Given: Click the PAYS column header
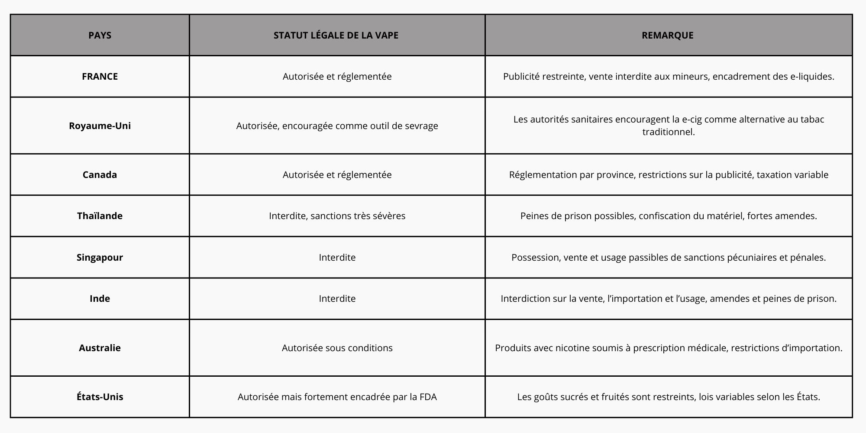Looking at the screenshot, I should click(100, 35).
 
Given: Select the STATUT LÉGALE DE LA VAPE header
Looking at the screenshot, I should click(336, 35).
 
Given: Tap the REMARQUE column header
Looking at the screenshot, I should click(667, 35).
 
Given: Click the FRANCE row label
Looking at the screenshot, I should click(100, 76).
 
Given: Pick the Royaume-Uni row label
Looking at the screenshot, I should click(100, 126).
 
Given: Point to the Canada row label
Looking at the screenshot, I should click(100, 174).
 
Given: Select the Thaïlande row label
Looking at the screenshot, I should click(100, 216).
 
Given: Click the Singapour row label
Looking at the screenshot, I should click(100, 257).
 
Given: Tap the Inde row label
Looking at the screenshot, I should click(100, 298).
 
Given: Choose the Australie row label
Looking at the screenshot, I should click(100, 348).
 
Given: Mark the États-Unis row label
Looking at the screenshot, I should click(100, 397).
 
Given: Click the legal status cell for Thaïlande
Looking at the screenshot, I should click(337, 216).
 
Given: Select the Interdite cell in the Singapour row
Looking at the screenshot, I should click(337, 257).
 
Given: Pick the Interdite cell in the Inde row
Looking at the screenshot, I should click(337, 298).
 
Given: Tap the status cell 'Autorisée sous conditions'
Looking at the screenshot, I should click(337, 348).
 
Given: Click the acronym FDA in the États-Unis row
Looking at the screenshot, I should click(428, 397).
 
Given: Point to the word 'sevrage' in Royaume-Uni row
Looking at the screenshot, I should click(421, 126).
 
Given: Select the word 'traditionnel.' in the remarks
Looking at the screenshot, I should click(668, 132).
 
